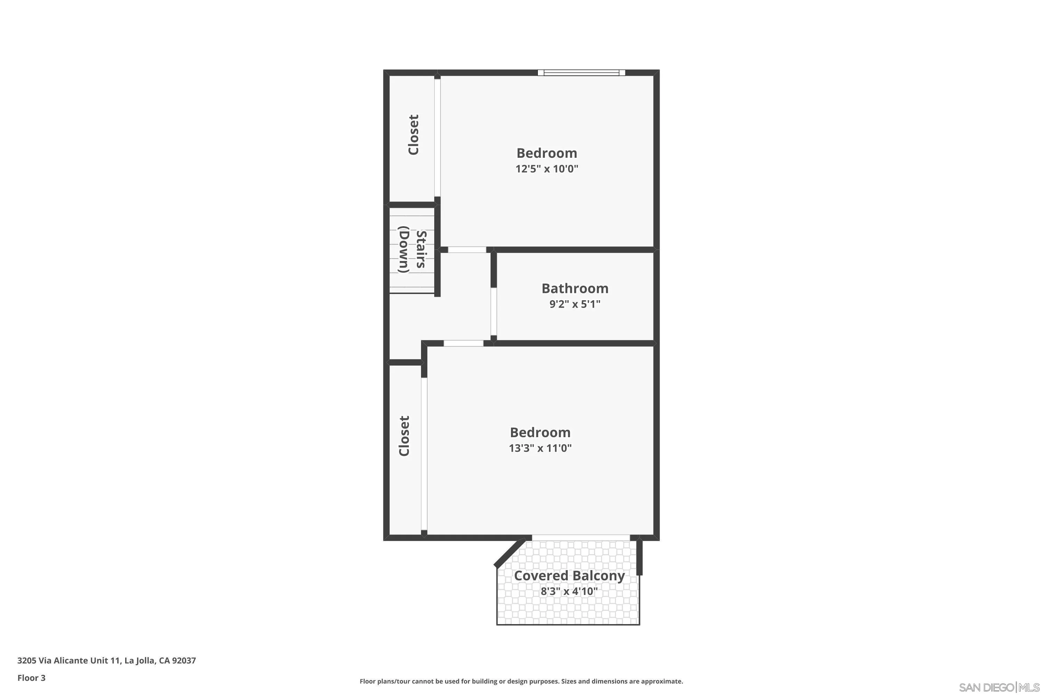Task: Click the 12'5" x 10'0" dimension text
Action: click(547, 169)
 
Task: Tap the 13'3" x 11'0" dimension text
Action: click(540, 448)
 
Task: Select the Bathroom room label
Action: click(575, 288)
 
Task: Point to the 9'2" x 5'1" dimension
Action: click(575, 304)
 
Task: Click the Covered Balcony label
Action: click(569, 576)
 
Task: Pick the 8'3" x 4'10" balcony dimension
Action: click(569, 591)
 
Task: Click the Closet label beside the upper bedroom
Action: click(413, 135)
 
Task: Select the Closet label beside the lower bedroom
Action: click(404, 436)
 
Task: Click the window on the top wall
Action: click(581, 73)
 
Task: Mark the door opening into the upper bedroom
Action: click(467, 250)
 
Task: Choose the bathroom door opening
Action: click(494, 312)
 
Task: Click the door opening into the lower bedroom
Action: click(463, 343)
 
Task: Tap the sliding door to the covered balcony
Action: click(581, 538)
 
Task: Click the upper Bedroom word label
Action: click(547, 153)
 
